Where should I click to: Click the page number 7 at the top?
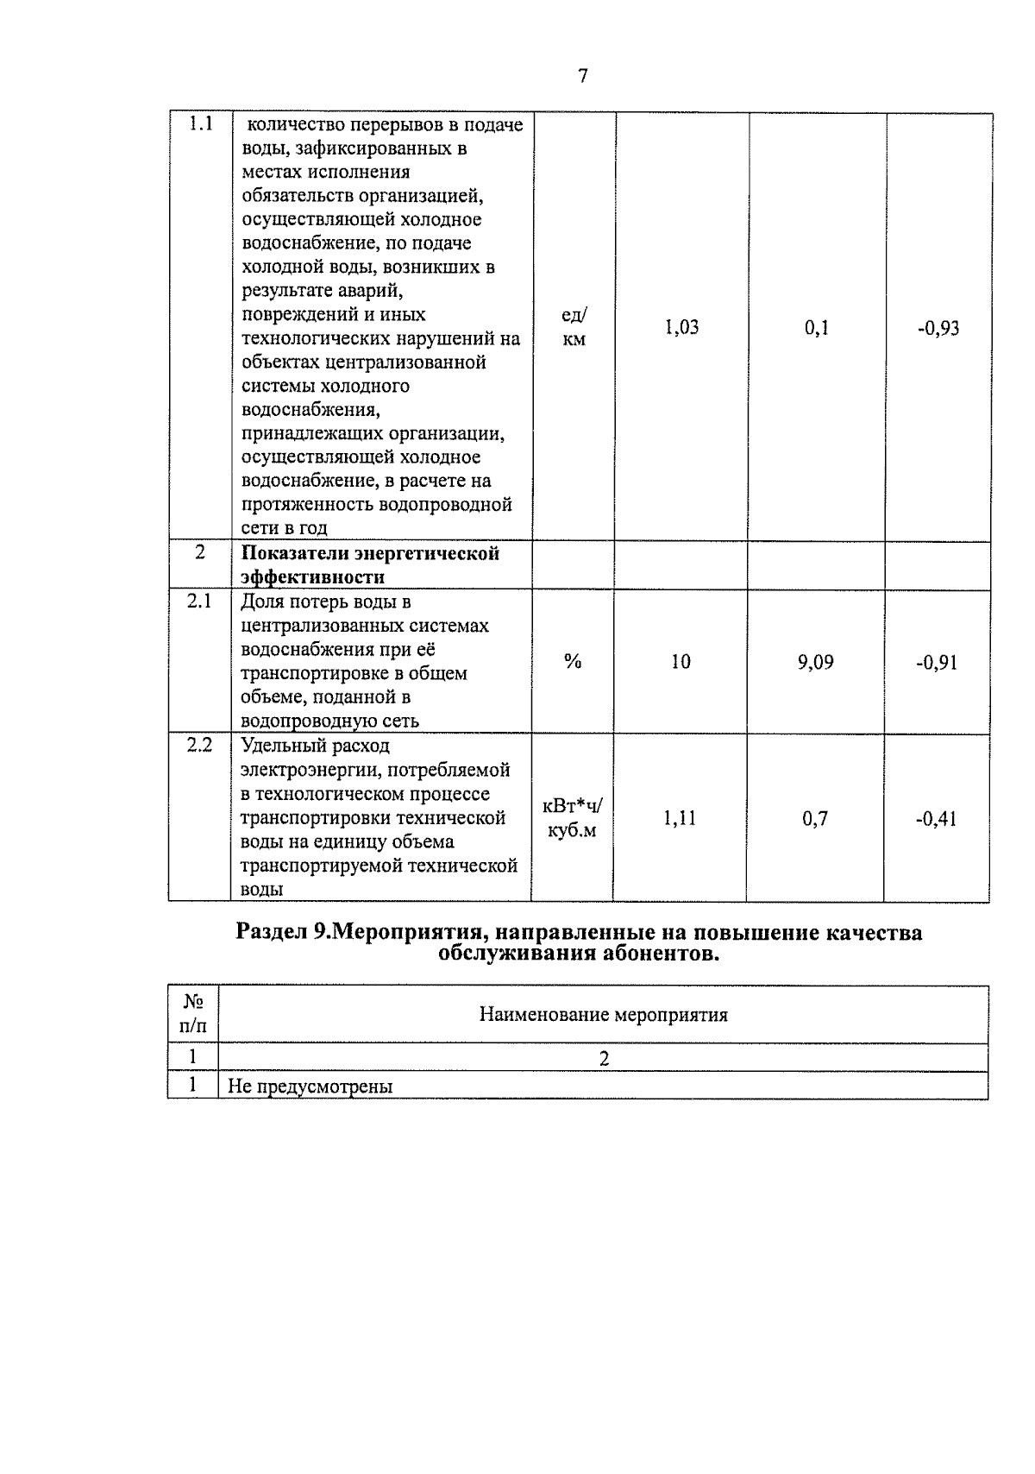tap(583, 77)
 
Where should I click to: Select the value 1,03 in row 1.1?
tap(681, 327)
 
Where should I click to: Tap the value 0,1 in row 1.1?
tap(816, 328)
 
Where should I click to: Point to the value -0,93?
tap(938, 328)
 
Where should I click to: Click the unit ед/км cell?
tap(574, 327)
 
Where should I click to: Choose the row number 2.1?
tap(199, 602)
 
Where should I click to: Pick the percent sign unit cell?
tap(573, 662)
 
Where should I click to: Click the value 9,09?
tap(815, 662)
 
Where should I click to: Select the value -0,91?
tap(937, 663)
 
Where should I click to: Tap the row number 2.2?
tap(199, 745)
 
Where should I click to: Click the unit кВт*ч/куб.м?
tap(573, 818)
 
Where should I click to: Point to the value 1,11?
tap(680, 818)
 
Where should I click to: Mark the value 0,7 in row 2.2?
tap(815, 818)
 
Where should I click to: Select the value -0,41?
tap(936, 819)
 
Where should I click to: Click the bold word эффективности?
tap(313, 576)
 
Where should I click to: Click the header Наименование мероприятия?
tap(603, 1014)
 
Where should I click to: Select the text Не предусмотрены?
tap(310, 1087)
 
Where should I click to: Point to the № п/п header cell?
tap(194, 1014)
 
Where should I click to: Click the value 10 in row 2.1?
tap(681, 662)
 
